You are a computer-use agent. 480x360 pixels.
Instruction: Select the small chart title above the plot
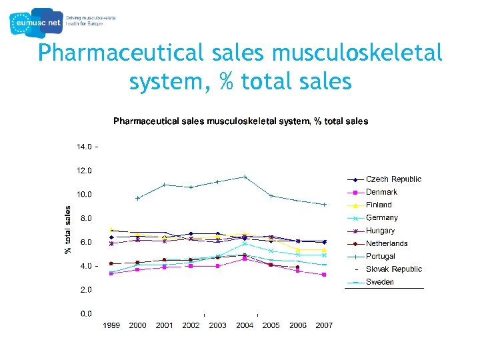240,121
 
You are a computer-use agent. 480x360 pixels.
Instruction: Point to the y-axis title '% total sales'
68,229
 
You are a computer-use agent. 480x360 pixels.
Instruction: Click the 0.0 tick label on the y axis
86,313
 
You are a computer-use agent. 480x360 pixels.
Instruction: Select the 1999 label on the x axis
111,325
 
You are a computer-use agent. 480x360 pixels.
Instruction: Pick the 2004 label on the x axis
245,325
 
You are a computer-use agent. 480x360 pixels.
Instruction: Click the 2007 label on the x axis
324,325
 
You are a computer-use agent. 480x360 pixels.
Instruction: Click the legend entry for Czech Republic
393,179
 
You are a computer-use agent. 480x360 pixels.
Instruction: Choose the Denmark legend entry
381,192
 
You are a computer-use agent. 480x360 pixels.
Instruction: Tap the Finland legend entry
379,205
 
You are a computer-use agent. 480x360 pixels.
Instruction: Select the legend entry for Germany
381,217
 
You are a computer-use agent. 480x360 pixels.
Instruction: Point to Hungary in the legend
380,231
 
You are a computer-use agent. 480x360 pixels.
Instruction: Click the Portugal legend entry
380,256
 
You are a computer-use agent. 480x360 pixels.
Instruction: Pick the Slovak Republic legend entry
393,269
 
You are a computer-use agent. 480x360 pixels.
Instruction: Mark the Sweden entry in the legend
379,282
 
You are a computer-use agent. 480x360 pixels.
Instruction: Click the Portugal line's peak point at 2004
245,177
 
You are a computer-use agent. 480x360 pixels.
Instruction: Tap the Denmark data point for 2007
324,275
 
